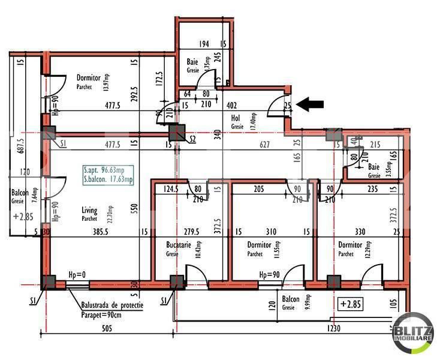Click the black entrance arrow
[311, 104]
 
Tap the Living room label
[90, 210]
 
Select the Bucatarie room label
[179, 245]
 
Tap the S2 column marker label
[192, 139]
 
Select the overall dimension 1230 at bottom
[334, 329]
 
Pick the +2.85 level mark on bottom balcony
[350, 303]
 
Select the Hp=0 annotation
[77, 274]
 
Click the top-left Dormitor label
[89, 77]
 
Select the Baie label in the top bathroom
[192, 61]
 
